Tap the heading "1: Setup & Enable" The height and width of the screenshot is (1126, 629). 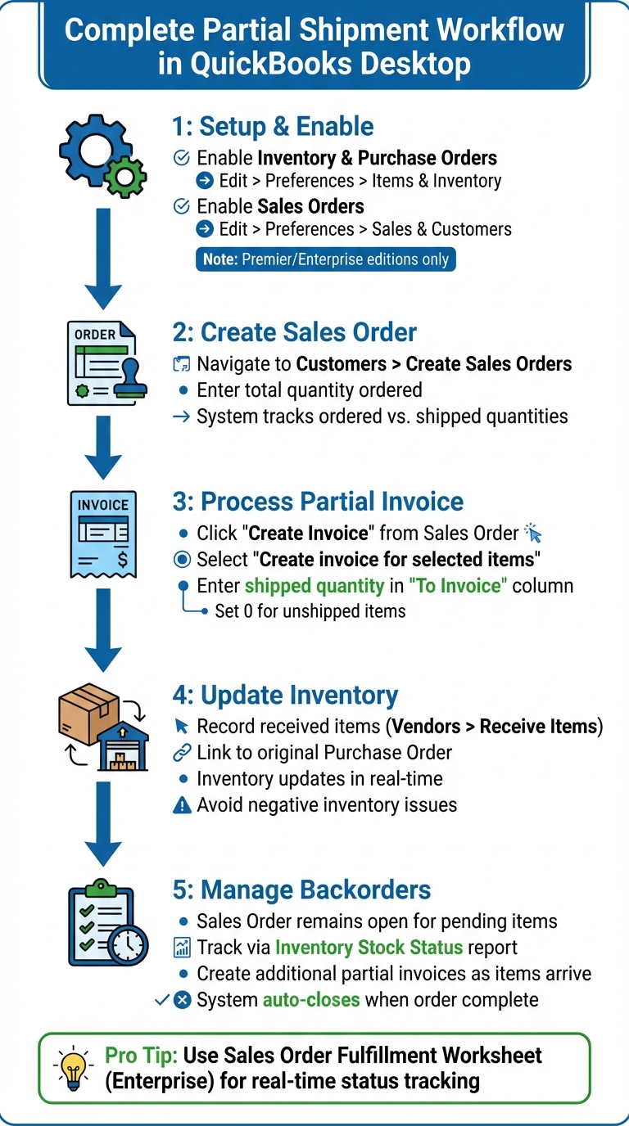pos(273,127)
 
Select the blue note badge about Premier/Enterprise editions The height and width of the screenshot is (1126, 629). pos(325,259)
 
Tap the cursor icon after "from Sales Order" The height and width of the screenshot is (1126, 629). pos(533,534)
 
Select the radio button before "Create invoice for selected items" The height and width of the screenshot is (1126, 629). pos(182,560)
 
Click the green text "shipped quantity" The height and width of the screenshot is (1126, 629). pos(314,586)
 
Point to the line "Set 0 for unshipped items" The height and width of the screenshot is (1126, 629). pos(310,611)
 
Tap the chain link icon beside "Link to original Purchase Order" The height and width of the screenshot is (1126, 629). pos(182,753)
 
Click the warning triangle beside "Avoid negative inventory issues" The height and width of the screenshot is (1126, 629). pos(182,805)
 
